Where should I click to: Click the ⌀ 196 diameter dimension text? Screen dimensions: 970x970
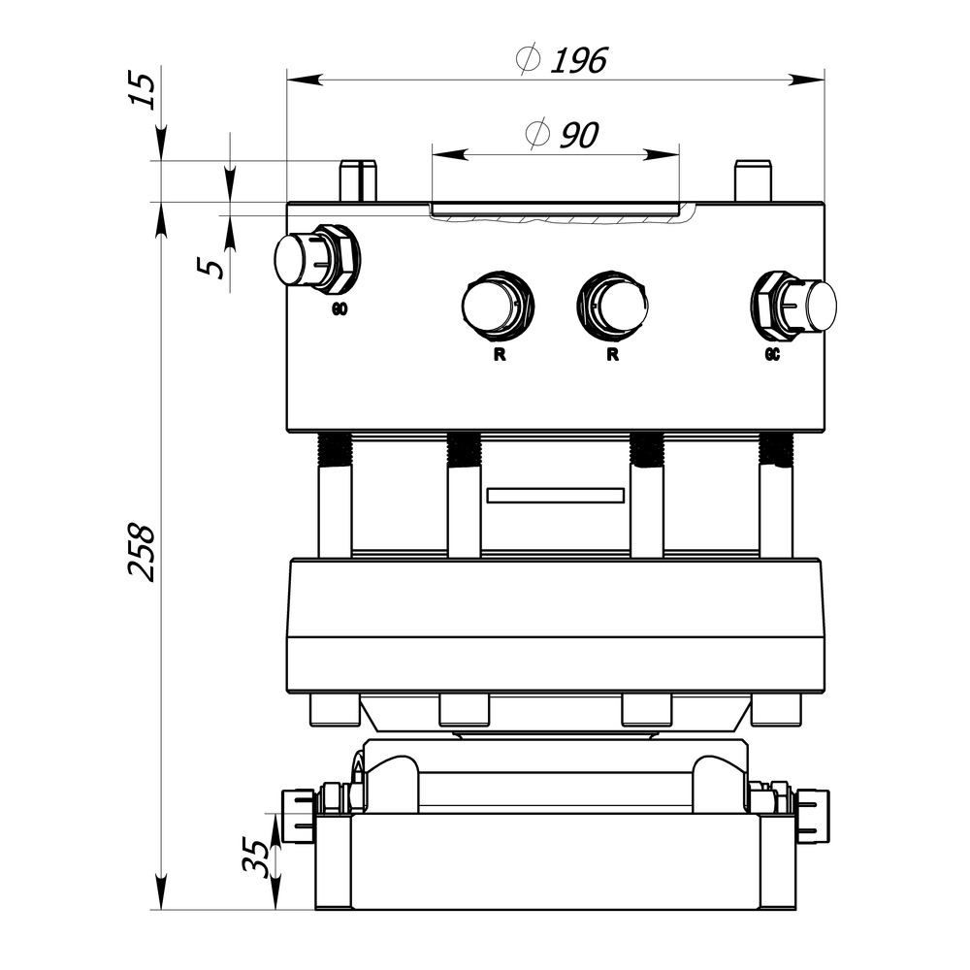click(x=562, y=61)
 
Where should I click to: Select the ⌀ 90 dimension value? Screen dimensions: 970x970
click(x=560, y=135)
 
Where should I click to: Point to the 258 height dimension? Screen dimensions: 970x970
click(x=143, y=552)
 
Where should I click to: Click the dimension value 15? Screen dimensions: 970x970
click(x=143, y=91)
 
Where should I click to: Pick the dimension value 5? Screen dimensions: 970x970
click(x=216, y=264)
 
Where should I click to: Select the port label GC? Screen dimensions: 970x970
click(x=772, y=355)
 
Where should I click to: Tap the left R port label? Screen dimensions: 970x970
click(x=499, y=355)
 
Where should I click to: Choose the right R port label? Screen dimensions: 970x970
click(x=613, y=355)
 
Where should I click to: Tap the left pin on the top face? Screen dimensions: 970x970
click(x=357, y=180)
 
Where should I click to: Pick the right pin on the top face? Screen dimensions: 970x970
click(x=752, y=180)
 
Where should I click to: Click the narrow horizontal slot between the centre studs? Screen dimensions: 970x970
click(x=556, y=495)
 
